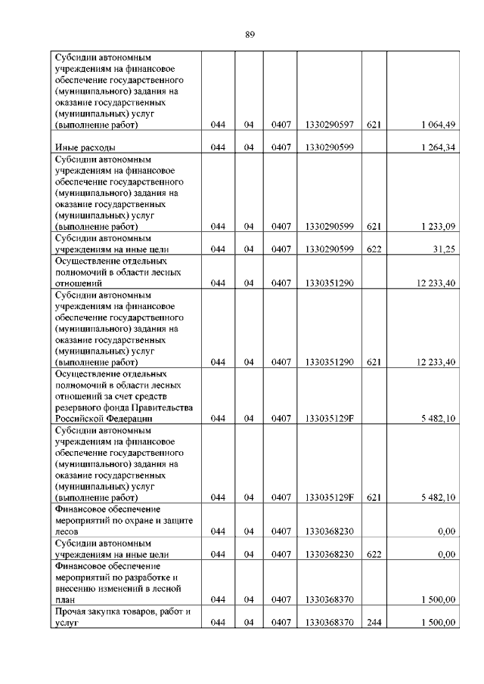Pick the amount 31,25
click(443, 249)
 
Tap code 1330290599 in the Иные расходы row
click(330, 147)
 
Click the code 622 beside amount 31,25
click(374, 249)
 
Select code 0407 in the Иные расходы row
click(281, 147)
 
